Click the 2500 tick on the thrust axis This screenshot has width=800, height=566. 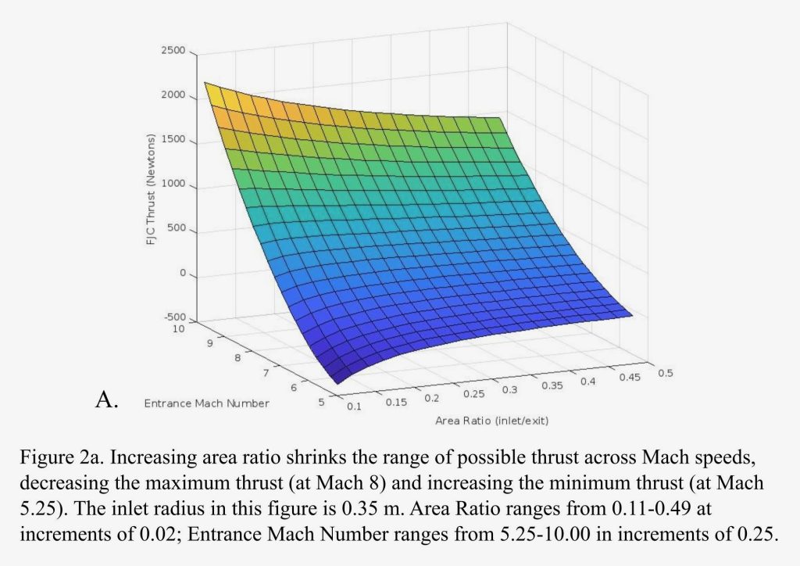(x=174, y=51)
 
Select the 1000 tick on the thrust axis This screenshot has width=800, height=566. (x=174, y=185)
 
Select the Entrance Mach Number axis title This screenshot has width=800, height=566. (x=206, y=403)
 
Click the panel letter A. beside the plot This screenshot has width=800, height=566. (x=106, y=401)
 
